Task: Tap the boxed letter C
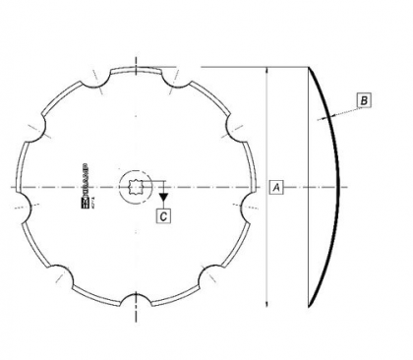tap(163, 210)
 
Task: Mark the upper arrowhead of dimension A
tap(267, 72)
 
